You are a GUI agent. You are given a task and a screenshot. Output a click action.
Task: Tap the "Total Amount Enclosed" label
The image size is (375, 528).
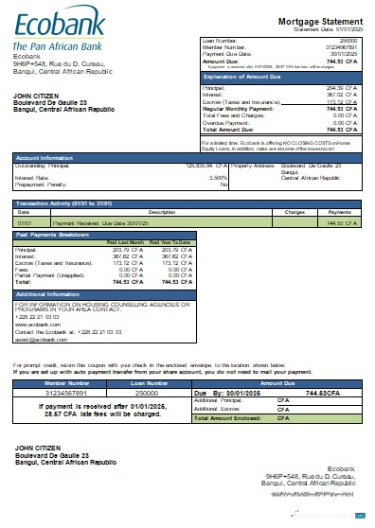click(x=231, y=418)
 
